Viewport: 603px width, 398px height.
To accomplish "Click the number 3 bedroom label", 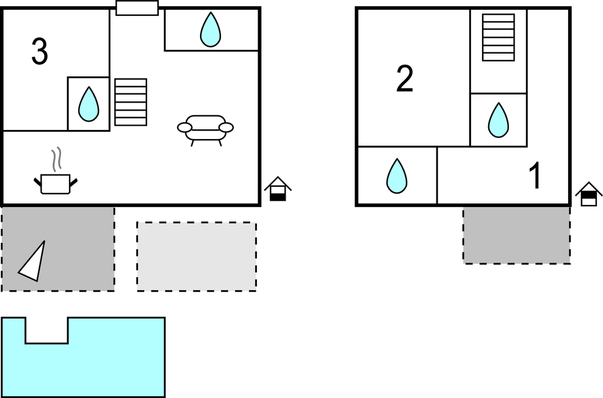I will click(x=40, y=52).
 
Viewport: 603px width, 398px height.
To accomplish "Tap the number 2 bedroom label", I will click(x=405, y=79).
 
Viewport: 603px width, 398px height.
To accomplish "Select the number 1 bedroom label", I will click(x=535, y=176).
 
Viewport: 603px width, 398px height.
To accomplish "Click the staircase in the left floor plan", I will click(x=131, y=102).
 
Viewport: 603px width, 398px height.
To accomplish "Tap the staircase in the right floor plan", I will click(x=498, y=37).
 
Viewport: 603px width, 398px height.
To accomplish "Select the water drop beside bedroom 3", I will click(x=89, y=104).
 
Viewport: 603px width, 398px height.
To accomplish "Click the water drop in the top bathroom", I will click(x=211, y=30).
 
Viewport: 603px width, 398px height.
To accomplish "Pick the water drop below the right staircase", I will click(x=498, y=120).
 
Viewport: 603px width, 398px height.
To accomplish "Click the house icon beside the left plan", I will click(x=278, y=189).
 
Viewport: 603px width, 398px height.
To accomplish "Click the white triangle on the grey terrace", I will click(x=34, y=262).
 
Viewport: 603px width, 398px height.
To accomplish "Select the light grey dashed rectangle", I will click(x=197, y=255).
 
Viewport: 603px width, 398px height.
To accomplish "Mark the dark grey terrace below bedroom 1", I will click(x=516, y=235).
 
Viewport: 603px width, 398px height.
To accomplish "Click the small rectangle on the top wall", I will click(x=137, y=8).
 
